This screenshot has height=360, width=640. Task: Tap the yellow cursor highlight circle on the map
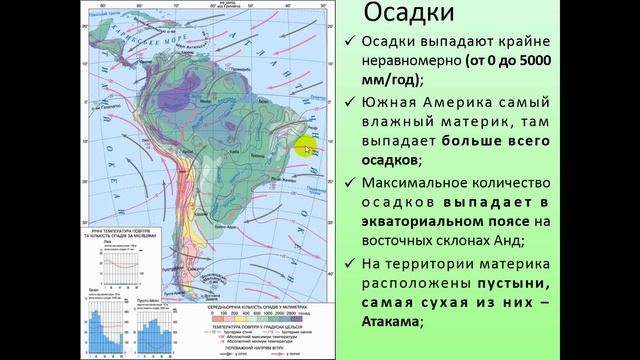pyautogui.click(x=305, y=149)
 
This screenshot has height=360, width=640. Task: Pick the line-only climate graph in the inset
pyautogui.click(x=123, y=266)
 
